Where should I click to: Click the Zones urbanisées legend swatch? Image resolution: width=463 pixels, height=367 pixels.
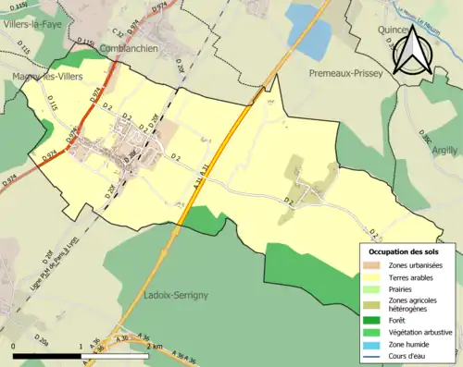(x=370, y=265)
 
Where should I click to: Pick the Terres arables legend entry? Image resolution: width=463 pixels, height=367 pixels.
(x=413, y=276)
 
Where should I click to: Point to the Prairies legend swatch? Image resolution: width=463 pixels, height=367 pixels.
(x=370, y=288)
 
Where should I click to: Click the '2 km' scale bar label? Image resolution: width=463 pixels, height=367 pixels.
(x=153, y=346)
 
